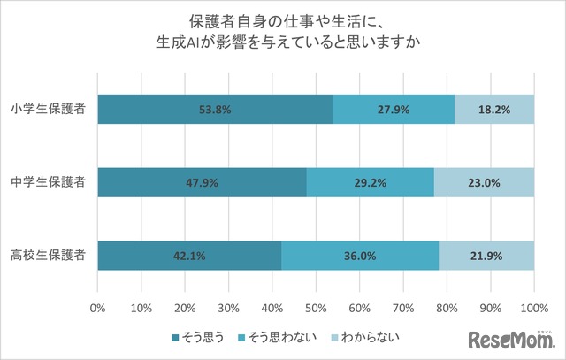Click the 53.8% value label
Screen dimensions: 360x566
(x=215, y=110)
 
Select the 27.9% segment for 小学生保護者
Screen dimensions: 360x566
(x=394, y=110)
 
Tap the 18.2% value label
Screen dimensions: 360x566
(x=494, y=110)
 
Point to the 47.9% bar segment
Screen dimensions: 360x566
(x=203, y=183)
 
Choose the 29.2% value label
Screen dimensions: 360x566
(x=371, y=183)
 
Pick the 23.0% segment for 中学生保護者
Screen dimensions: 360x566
(x=484, y=183)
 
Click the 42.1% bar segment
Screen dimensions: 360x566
(x=189, y=256)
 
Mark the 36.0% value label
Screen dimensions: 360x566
(x=360, y=256)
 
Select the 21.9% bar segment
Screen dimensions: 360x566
(x=486, y=256)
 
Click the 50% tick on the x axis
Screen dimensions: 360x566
(x=316, y=310)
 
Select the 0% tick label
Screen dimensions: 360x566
(x=98, y=310)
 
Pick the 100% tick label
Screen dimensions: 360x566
(x=533, y=310)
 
